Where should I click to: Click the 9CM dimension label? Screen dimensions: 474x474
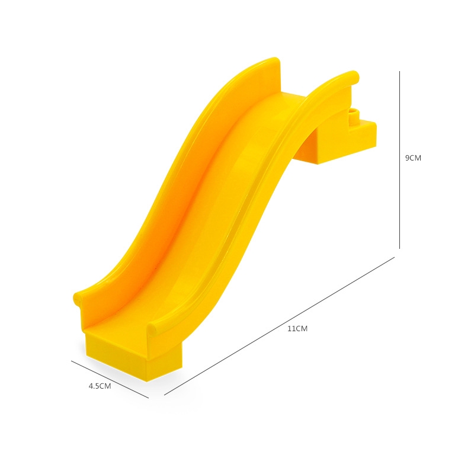click(413, 158)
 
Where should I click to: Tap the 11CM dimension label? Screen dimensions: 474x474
click(297, 329)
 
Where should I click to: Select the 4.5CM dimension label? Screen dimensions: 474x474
click(100, 386)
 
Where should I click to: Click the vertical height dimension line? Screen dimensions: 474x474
click(399, 160)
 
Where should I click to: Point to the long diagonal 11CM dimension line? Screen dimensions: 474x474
click(279, 326)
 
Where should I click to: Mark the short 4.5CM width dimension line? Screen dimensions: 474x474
click(110, 379)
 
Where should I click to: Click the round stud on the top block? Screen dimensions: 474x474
click(353, 114)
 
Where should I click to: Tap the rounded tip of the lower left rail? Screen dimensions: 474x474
click(78, 299)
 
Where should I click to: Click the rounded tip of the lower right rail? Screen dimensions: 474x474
click(152, 328)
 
